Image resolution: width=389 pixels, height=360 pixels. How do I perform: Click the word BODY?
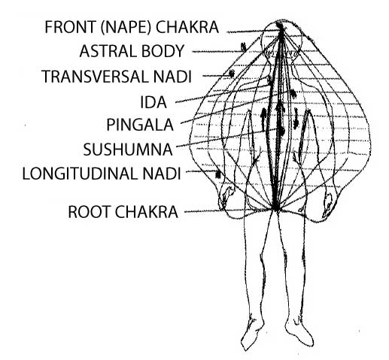(x=163, y=51)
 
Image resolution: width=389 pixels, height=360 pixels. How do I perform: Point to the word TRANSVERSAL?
(x=95, y=77)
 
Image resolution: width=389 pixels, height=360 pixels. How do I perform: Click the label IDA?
(x=153, y=102)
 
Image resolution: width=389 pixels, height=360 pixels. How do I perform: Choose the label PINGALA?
(x=140, y=125)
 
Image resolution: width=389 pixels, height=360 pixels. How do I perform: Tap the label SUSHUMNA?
(x=128, y=150)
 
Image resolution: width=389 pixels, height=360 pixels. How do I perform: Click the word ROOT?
(x=90, y=212)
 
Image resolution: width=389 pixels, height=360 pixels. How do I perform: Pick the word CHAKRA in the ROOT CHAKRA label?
(x=147, y=212)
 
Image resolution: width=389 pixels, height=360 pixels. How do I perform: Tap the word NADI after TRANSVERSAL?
(x=172, y=77)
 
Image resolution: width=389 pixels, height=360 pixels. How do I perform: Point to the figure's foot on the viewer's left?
(x=251, y=333)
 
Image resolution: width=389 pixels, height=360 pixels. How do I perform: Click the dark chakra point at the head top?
(x=279, y=26)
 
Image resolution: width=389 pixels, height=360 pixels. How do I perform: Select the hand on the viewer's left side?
(x=226, y=197)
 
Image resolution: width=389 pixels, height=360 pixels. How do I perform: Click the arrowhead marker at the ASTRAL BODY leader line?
(x=243, y=47)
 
